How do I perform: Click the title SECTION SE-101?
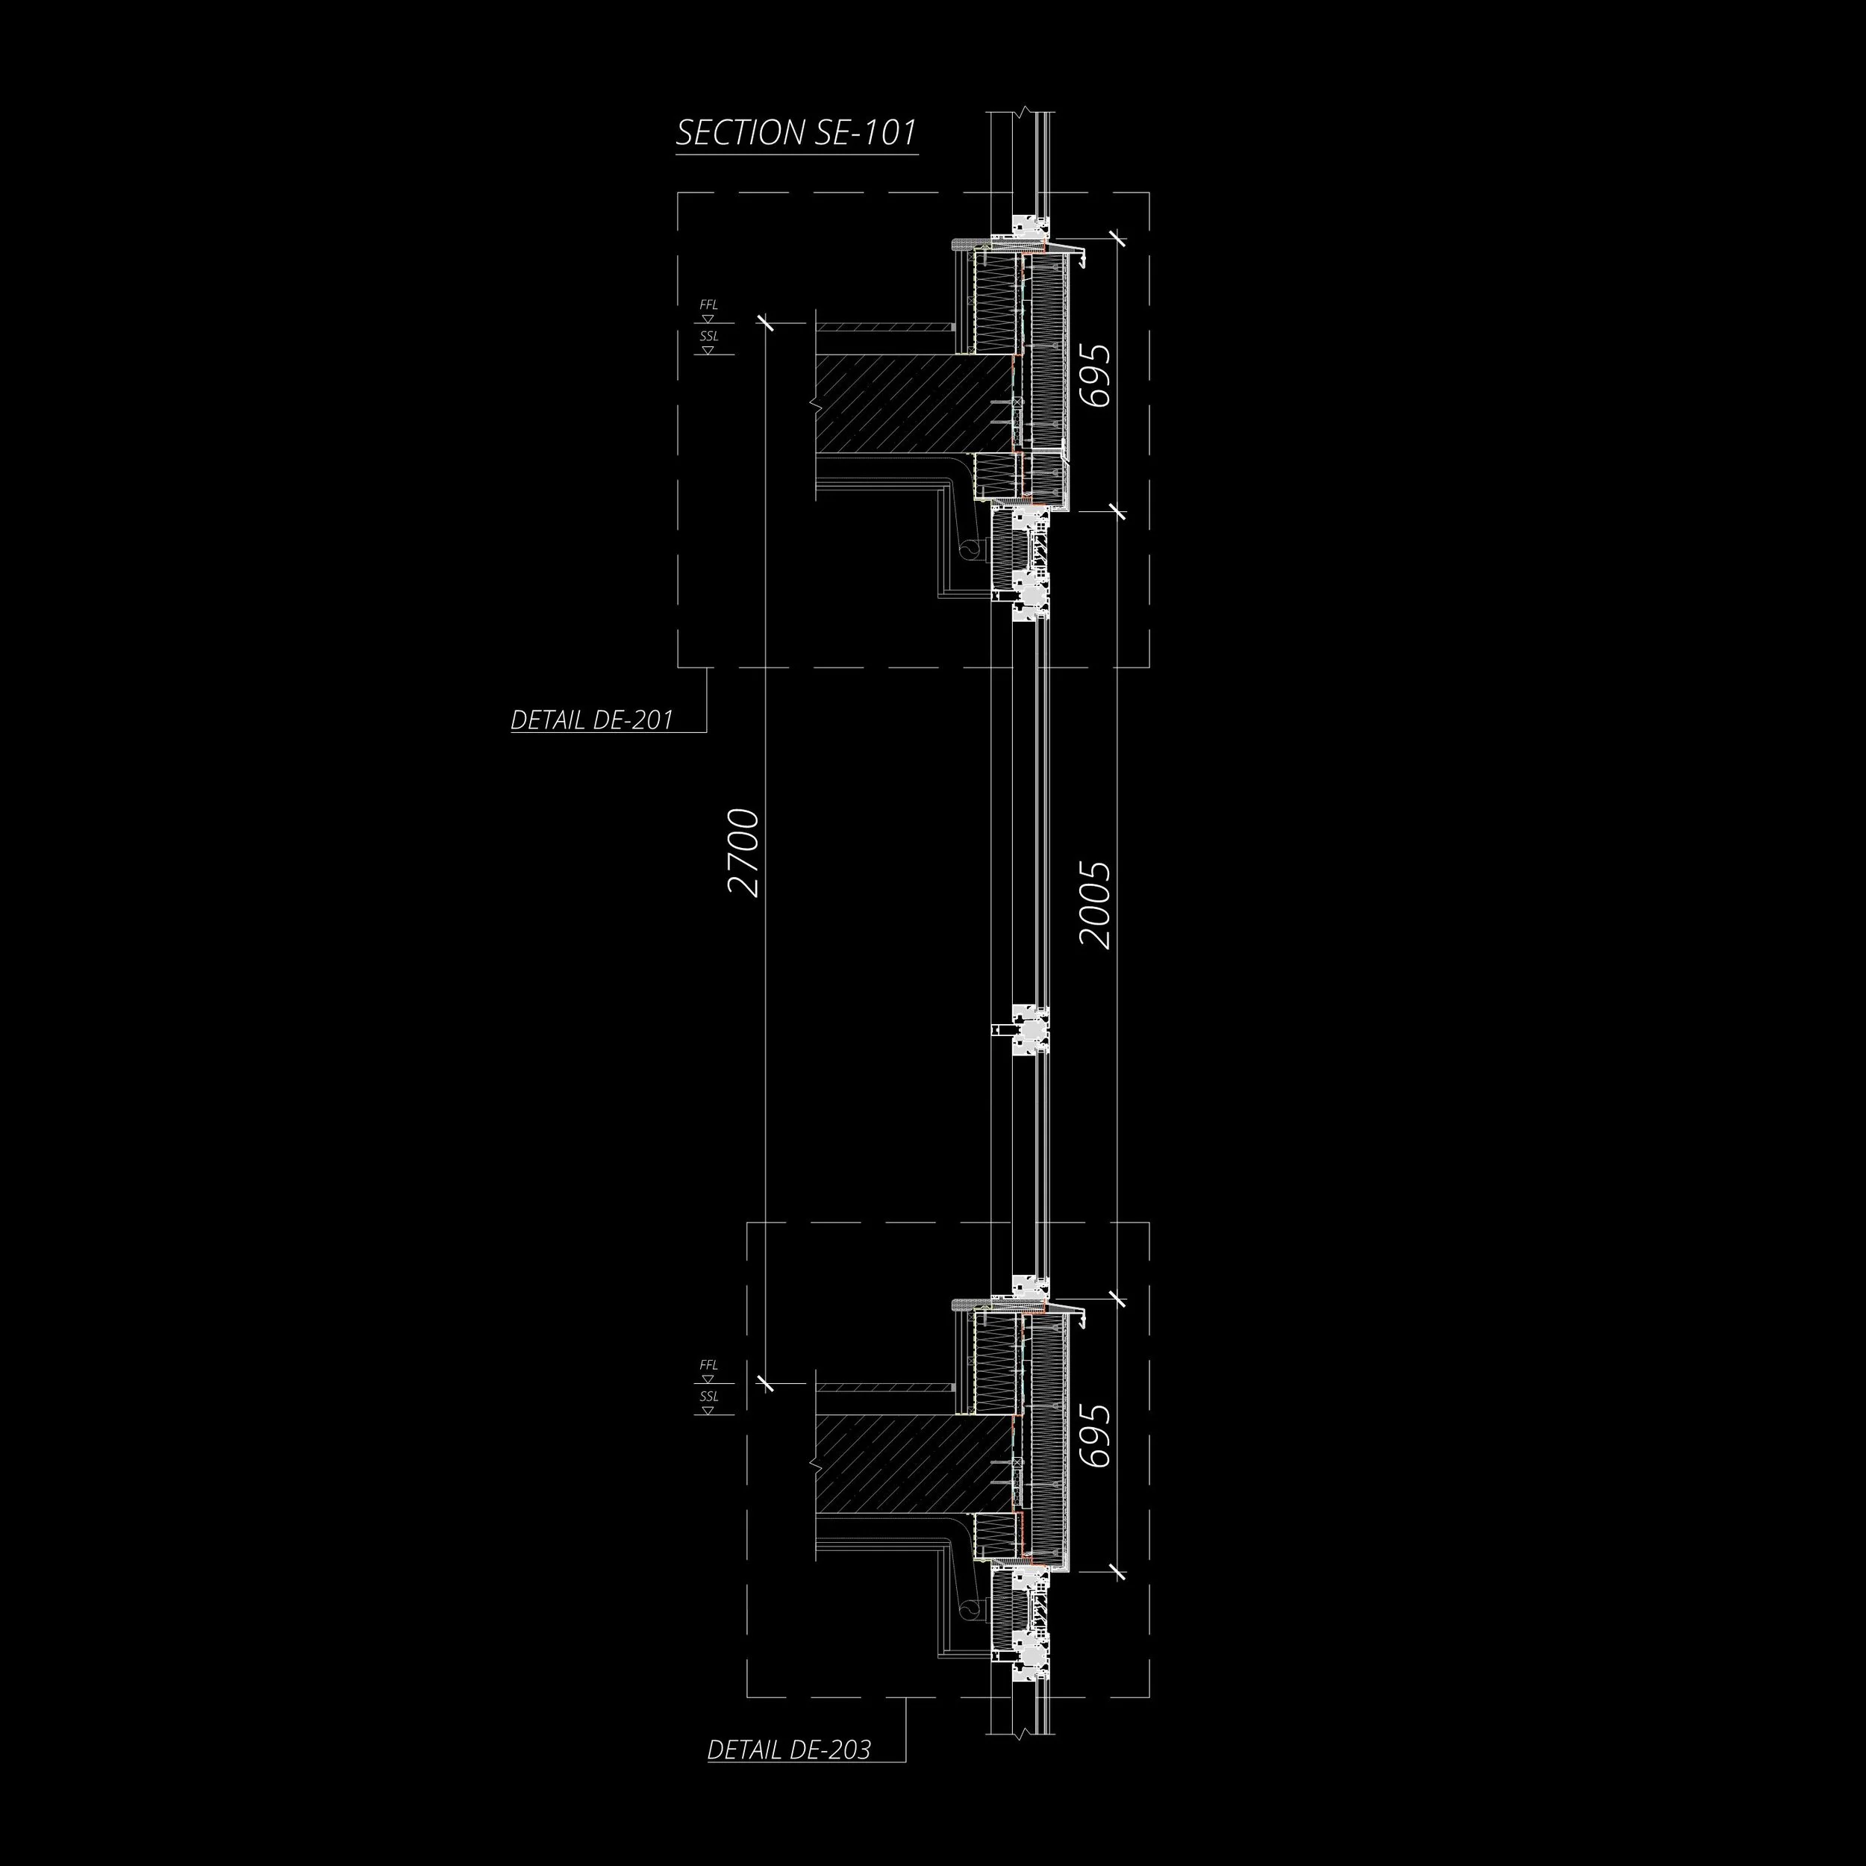[x=796, y=134]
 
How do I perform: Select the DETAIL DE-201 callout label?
[x=591, y=720]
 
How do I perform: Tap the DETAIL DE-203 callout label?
[x=788, y=1749]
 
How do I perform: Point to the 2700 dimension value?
[x=745, y=853]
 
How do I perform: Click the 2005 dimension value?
[x=1095, y=905]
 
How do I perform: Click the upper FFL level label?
[x=709, y=305]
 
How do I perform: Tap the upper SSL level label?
[x=709, y=336]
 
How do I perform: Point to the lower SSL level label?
[x=709, y=1397]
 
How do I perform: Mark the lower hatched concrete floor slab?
[x=908, y=1462]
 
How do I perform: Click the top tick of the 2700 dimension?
[x=765, y=322]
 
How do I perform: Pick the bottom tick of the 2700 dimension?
[x=765, y=1383]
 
